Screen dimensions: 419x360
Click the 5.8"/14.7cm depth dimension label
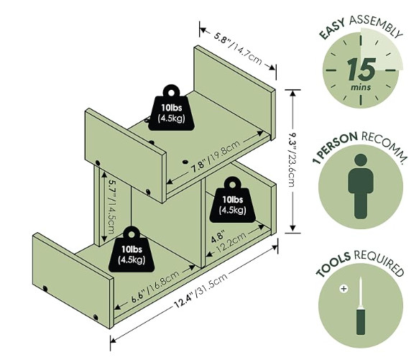click(238, 49)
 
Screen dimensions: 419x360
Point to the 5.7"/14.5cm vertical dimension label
click(111, 206)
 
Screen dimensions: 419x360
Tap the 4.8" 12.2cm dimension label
click(228, 242)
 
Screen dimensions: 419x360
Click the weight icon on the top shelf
click(171, 108)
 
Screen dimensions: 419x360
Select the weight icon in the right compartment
click(232, 199)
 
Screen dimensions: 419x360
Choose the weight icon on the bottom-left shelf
click(132, 249)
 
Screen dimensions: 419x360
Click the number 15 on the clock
click(362, 70)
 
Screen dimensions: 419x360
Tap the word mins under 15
click(361, 87)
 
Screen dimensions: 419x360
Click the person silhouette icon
click(361, 186)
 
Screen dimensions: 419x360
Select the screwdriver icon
click(361, 305)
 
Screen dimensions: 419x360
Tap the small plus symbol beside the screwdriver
click(344, 289)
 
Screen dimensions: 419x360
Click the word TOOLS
click(333, 264)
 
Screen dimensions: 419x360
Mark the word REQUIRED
click(379, 262)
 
